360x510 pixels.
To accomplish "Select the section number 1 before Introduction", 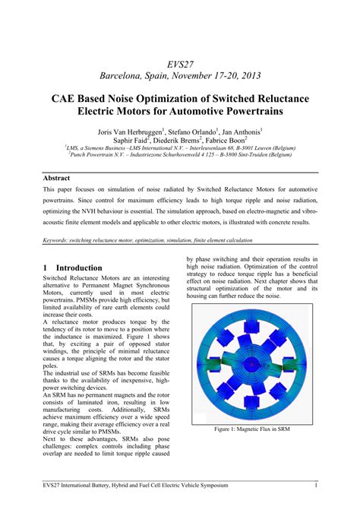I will pyautogui.click(x=46, y=268).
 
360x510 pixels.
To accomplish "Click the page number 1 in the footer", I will pyautogui.click(x=315, y=485).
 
